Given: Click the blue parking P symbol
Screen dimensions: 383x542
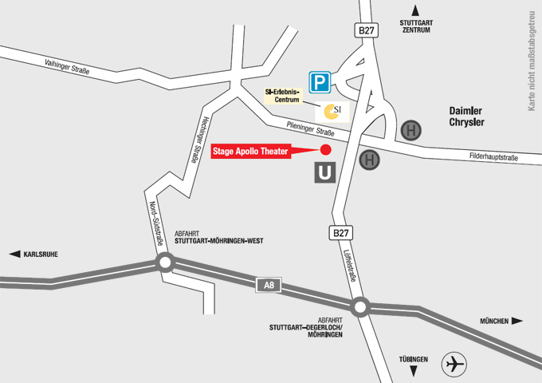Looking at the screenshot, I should [320, 81].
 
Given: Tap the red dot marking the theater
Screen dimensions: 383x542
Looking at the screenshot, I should [325, 149].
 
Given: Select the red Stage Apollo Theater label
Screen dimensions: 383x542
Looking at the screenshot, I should [251, 150].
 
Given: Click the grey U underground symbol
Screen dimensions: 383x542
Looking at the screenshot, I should [324, 172].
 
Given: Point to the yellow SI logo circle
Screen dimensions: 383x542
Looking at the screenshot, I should [333, 110].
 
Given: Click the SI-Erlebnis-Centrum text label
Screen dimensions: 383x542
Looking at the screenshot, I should [283, 96].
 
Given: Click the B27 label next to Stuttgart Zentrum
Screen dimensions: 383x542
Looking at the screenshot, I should [365, 30].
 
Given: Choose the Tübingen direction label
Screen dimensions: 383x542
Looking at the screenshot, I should [414, 359].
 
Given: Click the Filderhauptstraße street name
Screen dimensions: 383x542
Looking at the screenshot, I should [499, 157].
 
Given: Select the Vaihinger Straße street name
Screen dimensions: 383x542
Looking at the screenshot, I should [68, 67].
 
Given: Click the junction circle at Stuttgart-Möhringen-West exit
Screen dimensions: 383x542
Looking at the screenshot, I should [165, 263].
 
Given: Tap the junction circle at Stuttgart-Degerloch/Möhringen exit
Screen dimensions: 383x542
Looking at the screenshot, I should [360, 306].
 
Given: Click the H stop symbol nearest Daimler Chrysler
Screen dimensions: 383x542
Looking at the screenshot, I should [411, 130].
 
